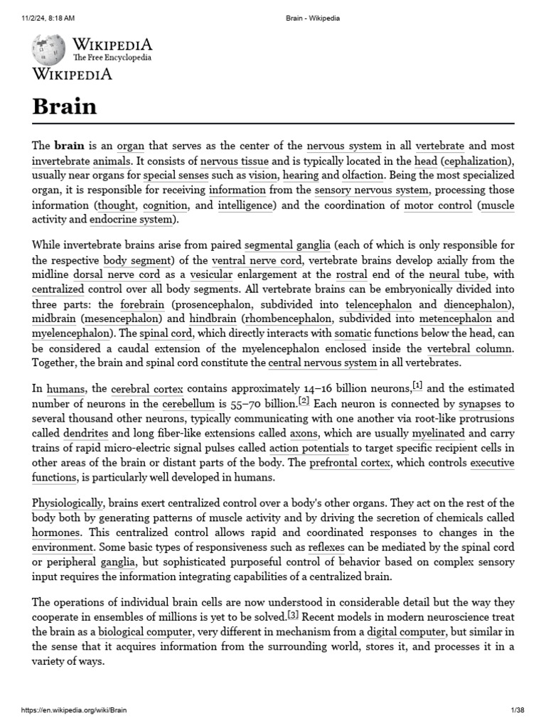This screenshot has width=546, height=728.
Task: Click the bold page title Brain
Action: pyautogui.click(x=65, y=106)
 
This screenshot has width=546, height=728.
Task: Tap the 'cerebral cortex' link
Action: pyautogui.click(x=147, y=389)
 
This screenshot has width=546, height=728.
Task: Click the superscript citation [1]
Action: pyautogui.click(x=417, y=386)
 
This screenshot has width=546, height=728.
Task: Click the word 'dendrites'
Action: pyautogui.click(x=86, y=433)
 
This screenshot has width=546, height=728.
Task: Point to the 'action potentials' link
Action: pyautogui.click(x=309, y=448)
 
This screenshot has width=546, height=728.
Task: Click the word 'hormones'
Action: pyautogui.click(x=57, y=532)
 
